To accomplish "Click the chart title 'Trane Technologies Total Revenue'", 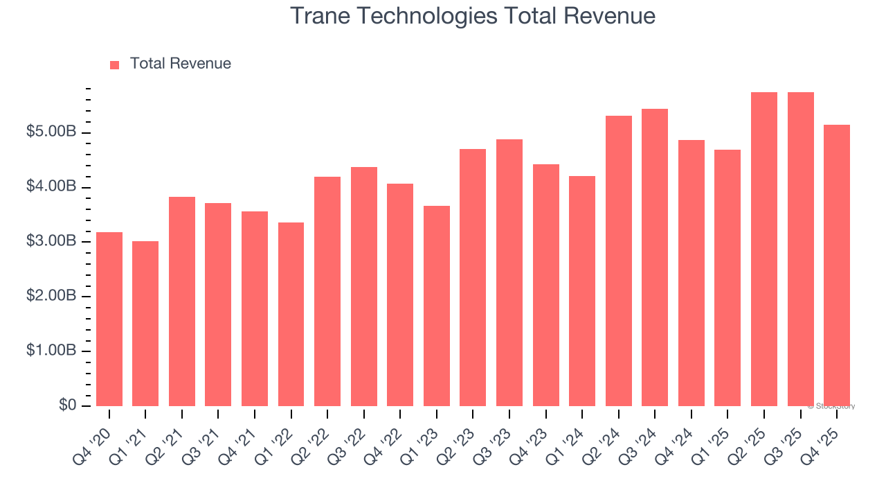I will point(472,15).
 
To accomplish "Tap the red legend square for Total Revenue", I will point(115,64).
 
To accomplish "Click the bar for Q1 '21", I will point(145,324).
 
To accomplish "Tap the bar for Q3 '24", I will point(655,257).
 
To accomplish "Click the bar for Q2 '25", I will point(764,249).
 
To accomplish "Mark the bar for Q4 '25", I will point(837,265).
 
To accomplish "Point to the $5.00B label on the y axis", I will point(52,132).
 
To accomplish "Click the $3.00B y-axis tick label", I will point(52,241).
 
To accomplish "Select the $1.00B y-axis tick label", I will point(52,351).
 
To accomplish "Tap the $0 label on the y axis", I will point(67,405).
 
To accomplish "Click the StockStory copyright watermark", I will point(831,406).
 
